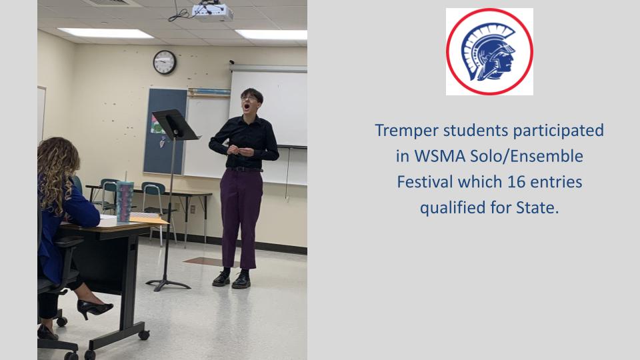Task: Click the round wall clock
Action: [165, 62]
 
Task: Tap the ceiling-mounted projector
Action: [212, 11]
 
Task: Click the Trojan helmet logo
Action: [489, 51]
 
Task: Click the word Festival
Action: [425, 181]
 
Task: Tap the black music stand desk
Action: [175, 125]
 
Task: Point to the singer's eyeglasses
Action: [249, 99]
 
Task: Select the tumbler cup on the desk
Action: [125, 201]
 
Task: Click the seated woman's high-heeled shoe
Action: [94, 309]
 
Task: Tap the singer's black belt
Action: [245, 169]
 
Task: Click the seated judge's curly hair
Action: [57, 171]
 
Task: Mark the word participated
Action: [559, 131]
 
